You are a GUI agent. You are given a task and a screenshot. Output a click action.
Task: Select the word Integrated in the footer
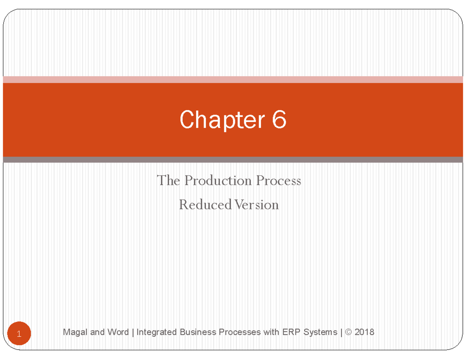155,332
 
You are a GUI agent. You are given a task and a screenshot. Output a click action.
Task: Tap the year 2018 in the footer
365,332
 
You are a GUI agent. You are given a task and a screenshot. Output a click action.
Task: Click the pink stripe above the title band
233,80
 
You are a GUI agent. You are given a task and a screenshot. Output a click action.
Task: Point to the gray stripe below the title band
233,159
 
